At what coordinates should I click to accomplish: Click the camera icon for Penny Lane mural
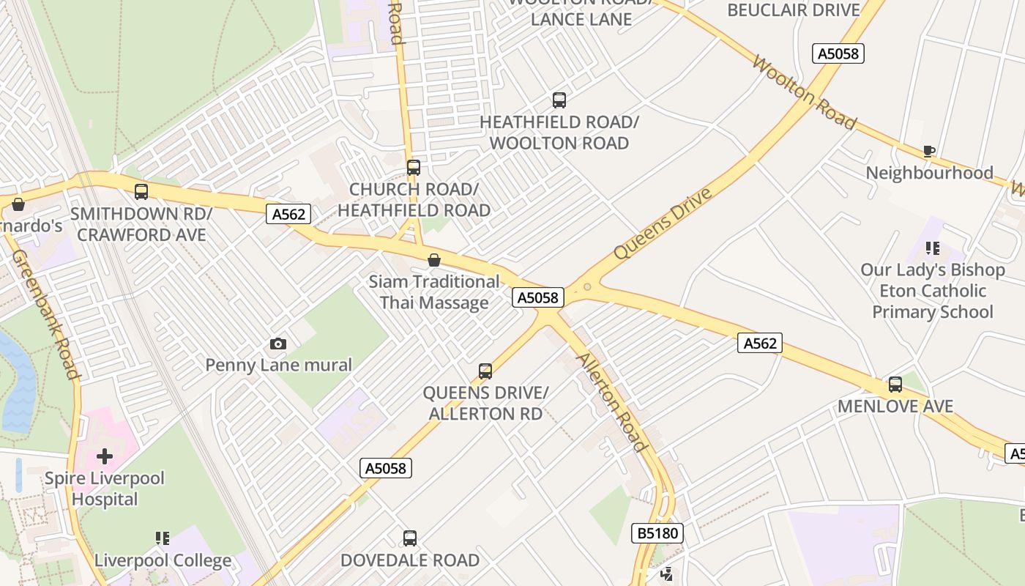[278, 344]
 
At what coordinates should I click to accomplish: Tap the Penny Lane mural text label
[278, 365]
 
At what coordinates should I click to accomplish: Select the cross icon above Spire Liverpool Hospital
[105, 456]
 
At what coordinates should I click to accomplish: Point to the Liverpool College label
[163, 560]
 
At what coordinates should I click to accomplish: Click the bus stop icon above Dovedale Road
[410, 538]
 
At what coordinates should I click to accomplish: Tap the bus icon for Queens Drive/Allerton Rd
[485, 371]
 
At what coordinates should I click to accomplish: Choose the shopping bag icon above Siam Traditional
[434, 260]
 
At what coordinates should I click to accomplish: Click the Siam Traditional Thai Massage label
[433, 292]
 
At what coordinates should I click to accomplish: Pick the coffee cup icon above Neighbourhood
[929, 152]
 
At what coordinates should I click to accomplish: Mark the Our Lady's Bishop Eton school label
[932, 291]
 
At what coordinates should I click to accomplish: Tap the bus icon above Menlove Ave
[895, 385]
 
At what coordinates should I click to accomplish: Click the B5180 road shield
[657, 533]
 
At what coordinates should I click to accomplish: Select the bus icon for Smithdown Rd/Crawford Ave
[141, 192]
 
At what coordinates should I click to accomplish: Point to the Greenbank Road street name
[46, 315]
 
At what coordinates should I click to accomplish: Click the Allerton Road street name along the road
[613, 402]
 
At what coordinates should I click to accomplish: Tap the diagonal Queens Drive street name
[663, 223]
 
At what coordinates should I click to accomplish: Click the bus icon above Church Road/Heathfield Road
[414, 168]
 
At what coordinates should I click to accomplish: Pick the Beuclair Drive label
[793, 10]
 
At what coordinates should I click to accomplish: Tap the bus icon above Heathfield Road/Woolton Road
[559, 100]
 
